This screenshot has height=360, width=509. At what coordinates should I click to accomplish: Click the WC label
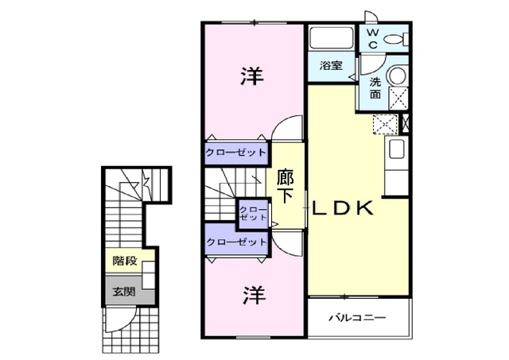[373, 39]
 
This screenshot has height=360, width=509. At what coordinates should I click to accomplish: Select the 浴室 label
[331, 65]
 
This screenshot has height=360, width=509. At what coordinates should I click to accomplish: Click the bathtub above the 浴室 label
[331, 38]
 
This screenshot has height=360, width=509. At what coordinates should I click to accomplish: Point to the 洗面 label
[375, 88]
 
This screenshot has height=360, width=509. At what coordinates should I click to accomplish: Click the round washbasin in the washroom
[398, 75]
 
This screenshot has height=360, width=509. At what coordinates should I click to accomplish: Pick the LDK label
[342, 208]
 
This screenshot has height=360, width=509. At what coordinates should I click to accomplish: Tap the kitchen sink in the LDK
[396, 149]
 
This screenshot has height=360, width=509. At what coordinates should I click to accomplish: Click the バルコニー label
[357, 317]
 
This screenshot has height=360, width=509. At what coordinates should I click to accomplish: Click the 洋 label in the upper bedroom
[252, 75]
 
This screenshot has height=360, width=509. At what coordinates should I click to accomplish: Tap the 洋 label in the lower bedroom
[254, 295]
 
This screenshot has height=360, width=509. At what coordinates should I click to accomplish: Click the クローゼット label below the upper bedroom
[236, 152]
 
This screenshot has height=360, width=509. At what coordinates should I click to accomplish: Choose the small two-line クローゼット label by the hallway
[253, 213]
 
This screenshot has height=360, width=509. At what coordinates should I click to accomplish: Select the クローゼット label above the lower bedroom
[237, 242]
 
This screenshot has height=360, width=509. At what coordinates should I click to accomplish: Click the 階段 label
[125, 261]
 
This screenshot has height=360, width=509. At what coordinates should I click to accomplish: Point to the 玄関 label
[124, 292]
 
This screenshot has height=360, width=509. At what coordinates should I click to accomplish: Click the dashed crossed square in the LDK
[386, 124]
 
